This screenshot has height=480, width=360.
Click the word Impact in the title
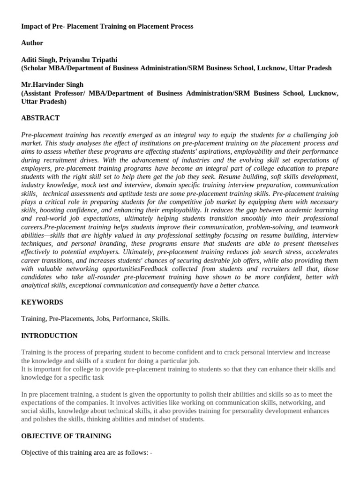pos(32,26)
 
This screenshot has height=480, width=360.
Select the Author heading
pos(32,43)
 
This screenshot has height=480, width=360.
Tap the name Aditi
pos(30,60)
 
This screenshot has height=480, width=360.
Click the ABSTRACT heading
pos(40,118)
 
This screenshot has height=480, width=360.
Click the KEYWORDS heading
pos(42,302)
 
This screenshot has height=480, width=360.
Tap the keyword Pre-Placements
pos(70,319)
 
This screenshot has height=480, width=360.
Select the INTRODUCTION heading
pos(49,336)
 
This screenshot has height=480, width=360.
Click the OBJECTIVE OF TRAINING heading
pos(66,436)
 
